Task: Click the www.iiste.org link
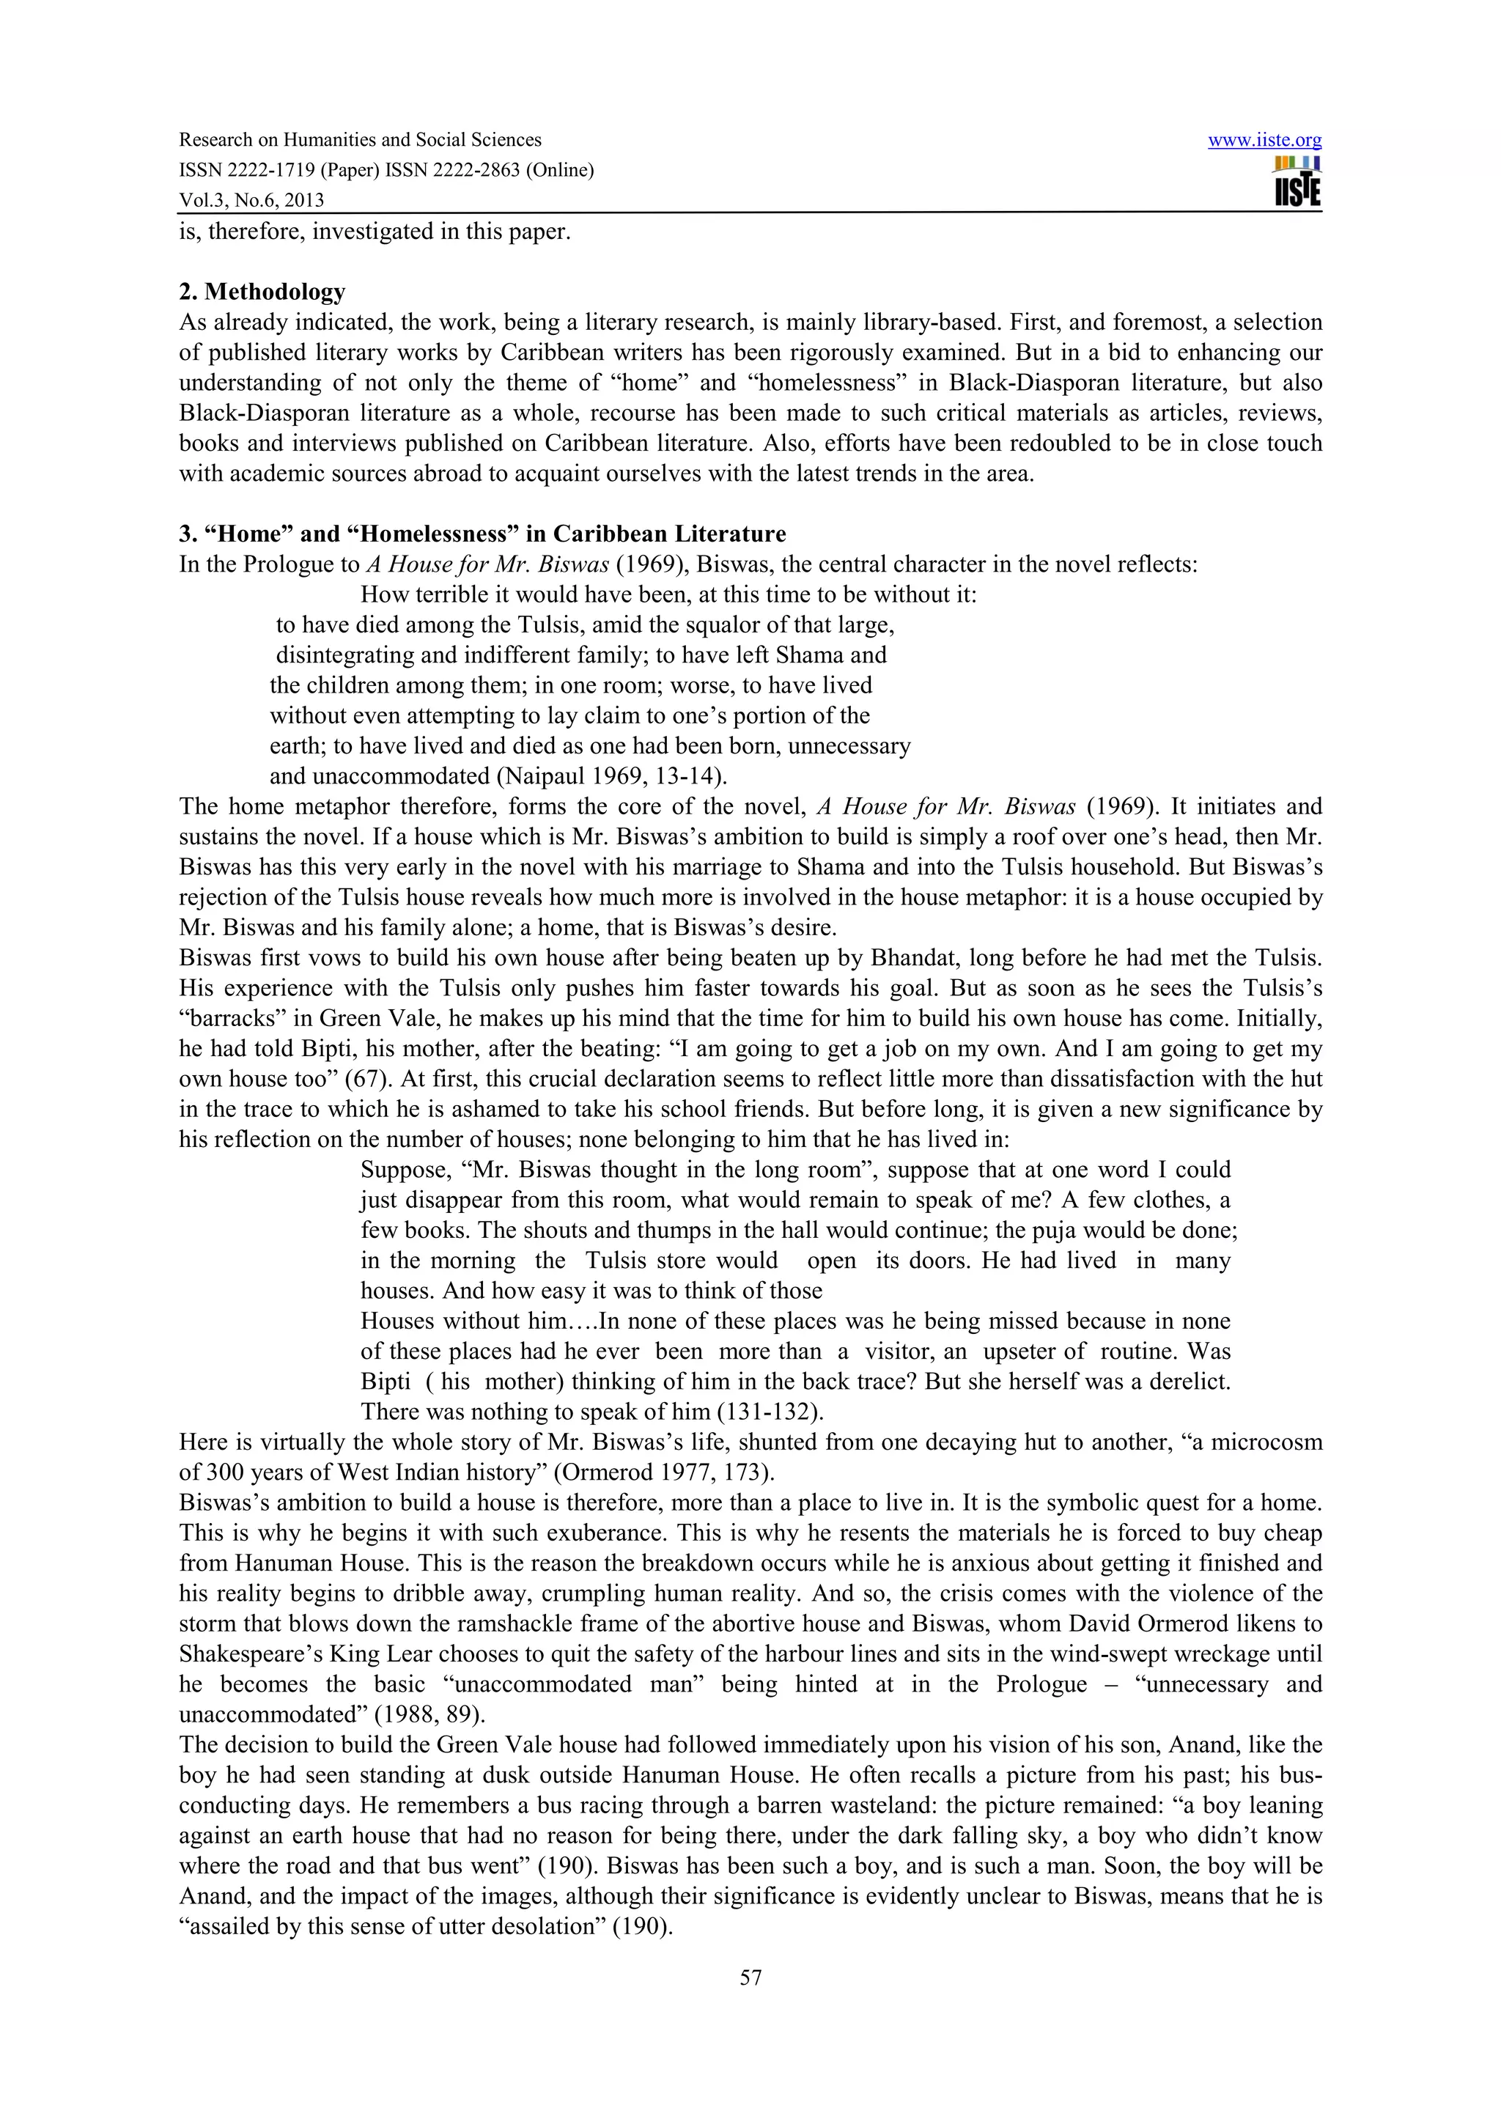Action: click(1264, 141)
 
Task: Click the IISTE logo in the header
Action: click(1297, 182)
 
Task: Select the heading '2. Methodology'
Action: click(262, 292)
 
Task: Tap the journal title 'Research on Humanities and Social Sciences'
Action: click(360, 140)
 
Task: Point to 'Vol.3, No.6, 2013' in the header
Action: click(251, 200)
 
